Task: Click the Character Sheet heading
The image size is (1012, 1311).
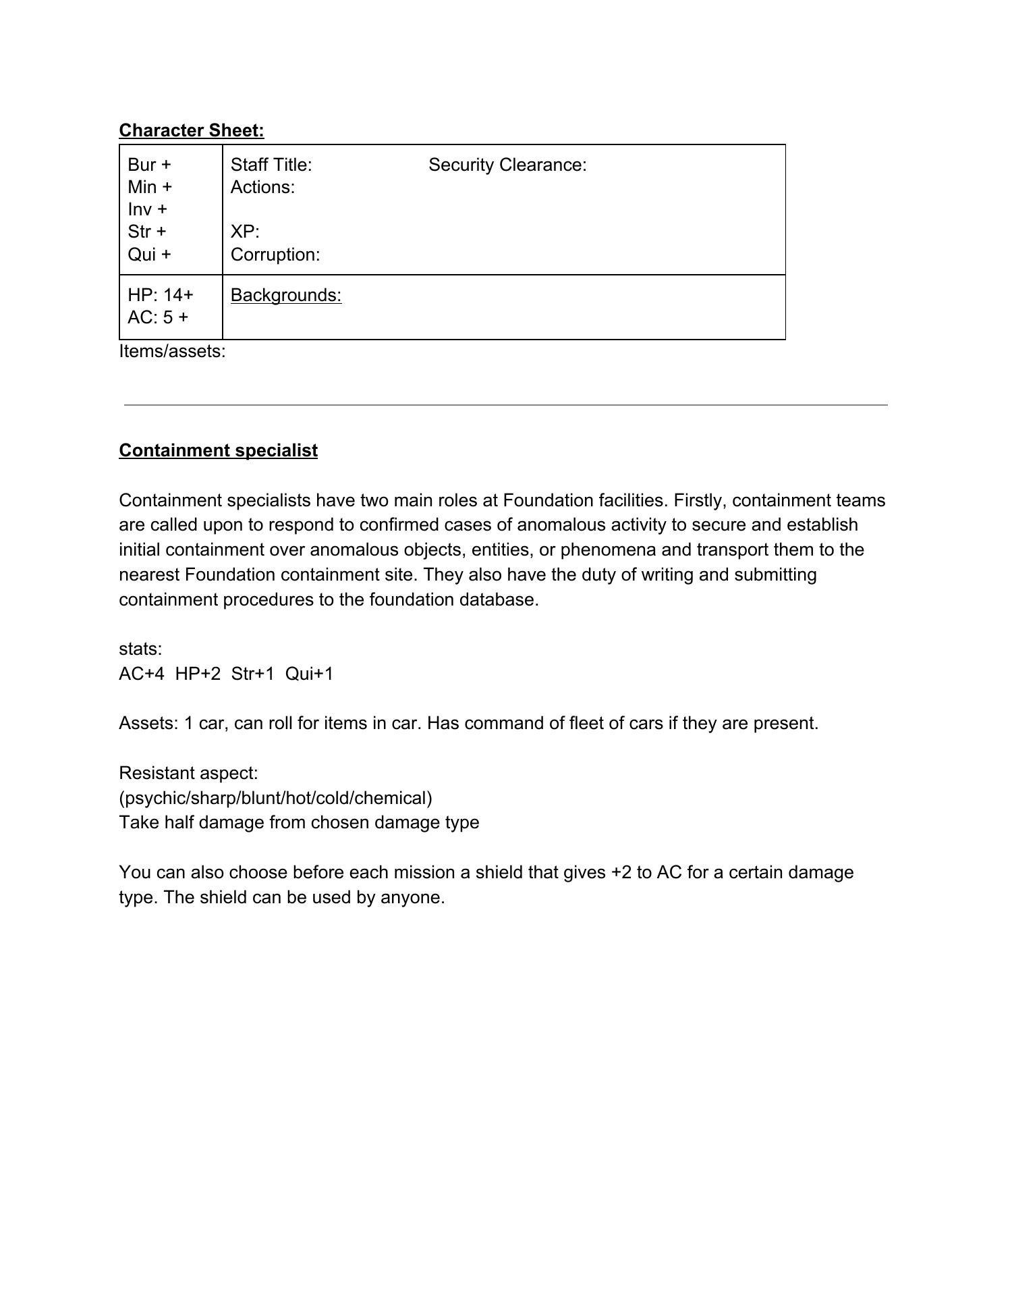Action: [192, 130]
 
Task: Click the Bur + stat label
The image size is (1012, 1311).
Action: [149, 165]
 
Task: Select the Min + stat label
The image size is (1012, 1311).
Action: [149, 187]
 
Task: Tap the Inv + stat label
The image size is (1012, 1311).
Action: [147, 209]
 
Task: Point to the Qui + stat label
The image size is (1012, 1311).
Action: [149, 255]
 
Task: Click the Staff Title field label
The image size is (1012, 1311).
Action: [271, 165]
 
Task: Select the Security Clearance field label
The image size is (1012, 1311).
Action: [507, 165]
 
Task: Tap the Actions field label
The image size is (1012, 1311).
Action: [262, 187]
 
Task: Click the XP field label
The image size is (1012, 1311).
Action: [245, 232]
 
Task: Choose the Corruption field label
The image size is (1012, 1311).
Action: [275, 255]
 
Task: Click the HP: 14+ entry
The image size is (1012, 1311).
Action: [161, 295]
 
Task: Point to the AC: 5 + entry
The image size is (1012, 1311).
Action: [158, 317]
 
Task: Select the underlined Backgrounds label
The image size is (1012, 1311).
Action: [286, 295]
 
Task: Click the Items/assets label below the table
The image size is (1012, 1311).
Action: [172, 351]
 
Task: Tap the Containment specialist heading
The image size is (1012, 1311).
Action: [218, 450]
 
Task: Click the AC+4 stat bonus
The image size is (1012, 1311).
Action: [141, 674]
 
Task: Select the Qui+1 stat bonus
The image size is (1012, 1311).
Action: [309, 674]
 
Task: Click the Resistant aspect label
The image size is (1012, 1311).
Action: [188, 773]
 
